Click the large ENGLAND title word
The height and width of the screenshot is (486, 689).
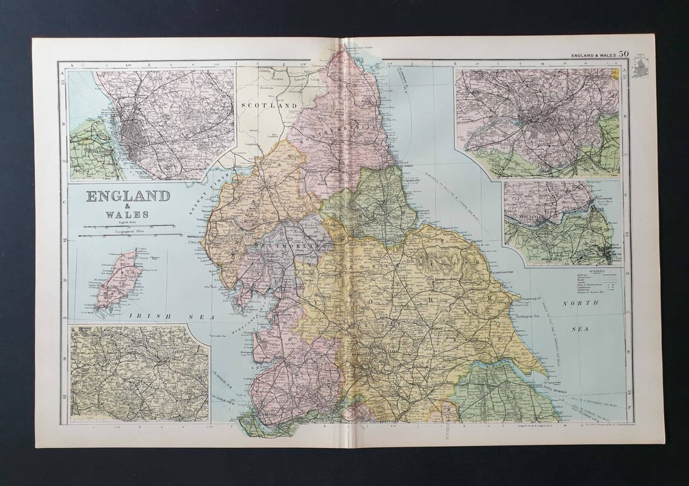tap(128, 197)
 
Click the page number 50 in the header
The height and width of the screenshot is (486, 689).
tap(623, 54)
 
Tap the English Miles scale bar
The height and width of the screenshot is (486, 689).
tap(127, 225)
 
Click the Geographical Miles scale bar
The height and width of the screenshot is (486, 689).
tap(129, 235)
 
